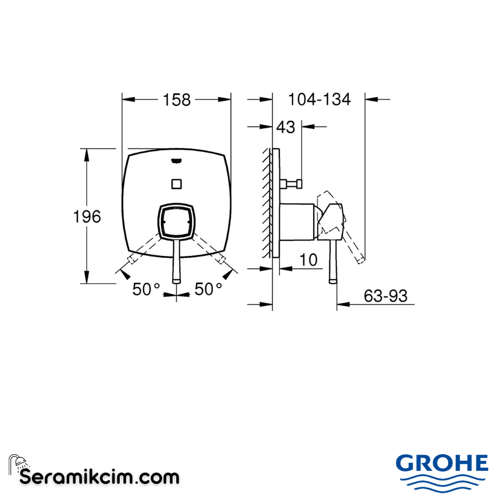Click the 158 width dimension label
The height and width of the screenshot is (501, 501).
pos(177,100)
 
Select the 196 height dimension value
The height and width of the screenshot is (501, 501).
pos(87,216)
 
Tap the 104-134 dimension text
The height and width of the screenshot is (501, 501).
pos(319,99)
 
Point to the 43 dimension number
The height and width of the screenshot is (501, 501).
pos(285,127)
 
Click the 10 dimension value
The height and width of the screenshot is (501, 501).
pos(308,260)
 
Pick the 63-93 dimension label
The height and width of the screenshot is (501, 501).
pos(385,296)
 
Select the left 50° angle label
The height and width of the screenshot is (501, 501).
pos(146,289)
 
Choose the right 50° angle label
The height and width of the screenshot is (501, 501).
pos(208,289)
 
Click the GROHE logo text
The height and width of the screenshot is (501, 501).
pos(442,463)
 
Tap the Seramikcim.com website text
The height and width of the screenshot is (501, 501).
pos(99,476)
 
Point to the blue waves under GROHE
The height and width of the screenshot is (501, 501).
pos(442,482)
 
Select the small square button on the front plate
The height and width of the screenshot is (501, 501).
pos(176,184)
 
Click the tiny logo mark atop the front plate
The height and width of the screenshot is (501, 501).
pos(176,161)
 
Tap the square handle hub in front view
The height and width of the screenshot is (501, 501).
pos(176,222)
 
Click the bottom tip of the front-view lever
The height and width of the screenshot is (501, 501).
pos(176,280)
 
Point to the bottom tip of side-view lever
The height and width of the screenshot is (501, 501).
pos(333,280)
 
